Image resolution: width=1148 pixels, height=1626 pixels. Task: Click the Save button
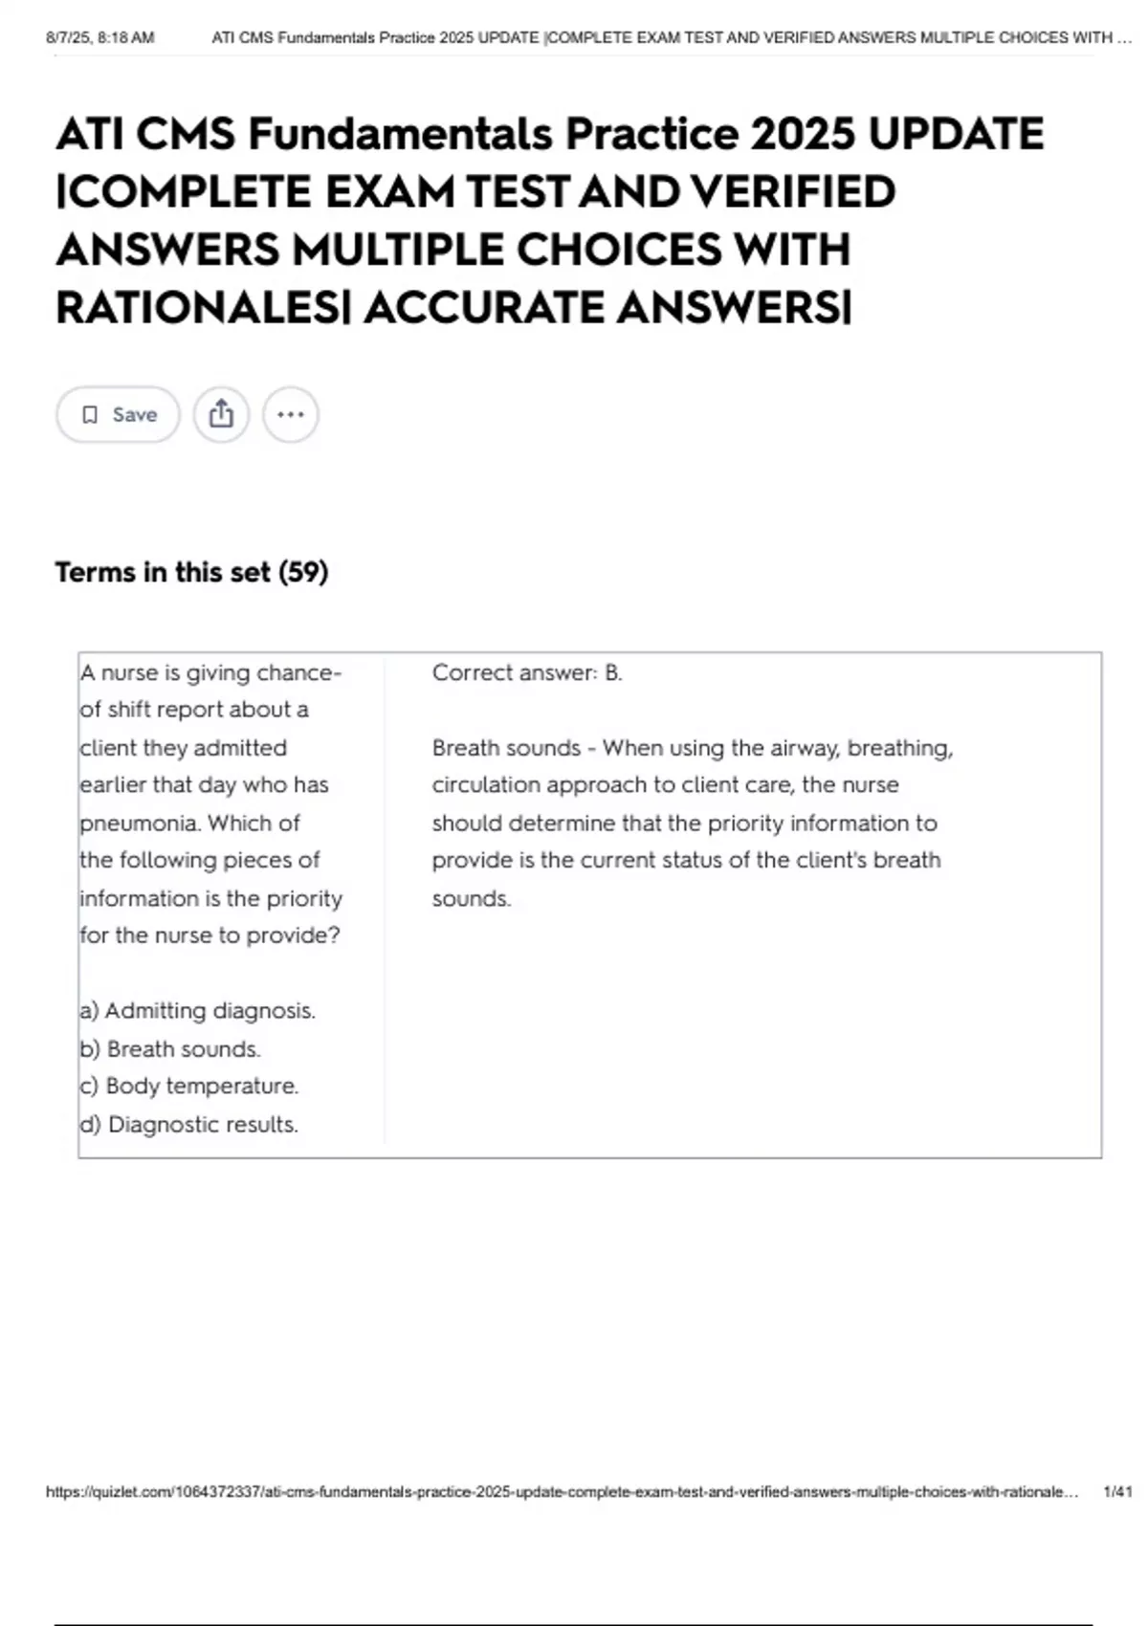118,414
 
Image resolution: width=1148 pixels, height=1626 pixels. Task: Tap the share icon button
221,414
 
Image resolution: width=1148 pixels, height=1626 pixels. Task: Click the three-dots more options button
290,414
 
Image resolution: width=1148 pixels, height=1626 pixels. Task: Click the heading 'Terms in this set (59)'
191,572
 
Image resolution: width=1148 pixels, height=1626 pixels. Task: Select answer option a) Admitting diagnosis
198,1010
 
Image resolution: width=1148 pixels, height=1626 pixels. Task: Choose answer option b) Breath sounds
170,1048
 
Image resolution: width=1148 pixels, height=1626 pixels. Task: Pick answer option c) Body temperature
189,1086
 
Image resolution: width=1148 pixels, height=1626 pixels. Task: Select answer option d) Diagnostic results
189,1124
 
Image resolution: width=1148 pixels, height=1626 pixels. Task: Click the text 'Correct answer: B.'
526,672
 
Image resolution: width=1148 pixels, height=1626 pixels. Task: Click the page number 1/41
1117,1491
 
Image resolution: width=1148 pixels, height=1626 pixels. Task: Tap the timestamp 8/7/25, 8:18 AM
100,37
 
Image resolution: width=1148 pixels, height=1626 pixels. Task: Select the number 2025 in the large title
802,134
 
